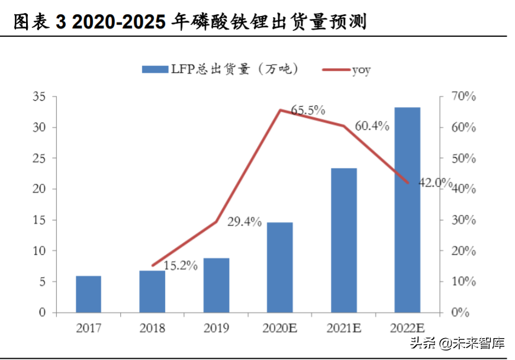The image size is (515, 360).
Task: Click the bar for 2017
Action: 88,294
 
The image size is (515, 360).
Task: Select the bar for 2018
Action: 152,291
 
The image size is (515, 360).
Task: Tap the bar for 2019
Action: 216,285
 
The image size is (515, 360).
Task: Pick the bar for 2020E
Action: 279,268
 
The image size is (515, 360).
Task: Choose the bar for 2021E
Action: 344,240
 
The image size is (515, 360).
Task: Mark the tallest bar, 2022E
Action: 407,210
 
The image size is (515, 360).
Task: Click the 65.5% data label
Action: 308,110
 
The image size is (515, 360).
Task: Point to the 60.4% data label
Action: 372,126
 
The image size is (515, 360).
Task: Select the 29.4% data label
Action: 244,222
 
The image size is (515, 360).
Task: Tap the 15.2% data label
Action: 180,266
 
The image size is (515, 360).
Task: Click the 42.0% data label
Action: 435,182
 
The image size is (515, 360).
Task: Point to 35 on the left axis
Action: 40,97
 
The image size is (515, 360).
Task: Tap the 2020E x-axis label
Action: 279,327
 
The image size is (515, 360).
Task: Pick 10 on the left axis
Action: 40,250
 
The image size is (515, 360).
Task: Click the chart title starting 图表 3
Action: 189,22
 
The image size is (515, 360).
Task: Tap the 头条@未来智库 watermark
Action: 459,342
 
